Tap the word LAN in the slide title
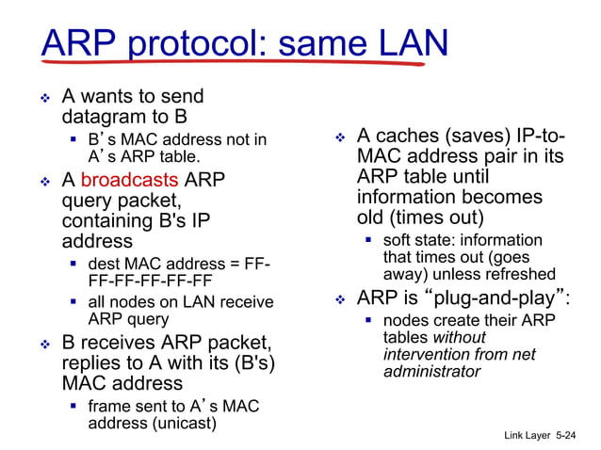tap(402, 42)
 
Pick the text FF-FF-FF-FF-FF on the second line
tap(150, 281)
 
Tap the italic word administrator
tap(431, 371)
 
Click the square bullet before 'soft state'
tap(368, 241)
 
